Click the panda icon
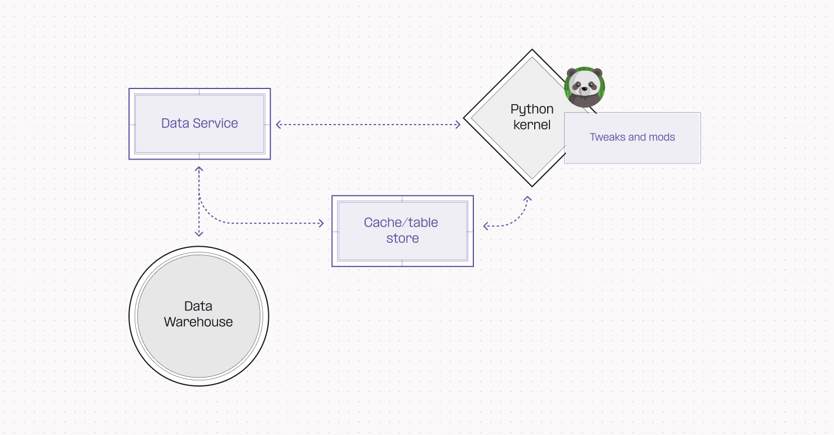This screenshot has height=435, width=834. tap(584, 87)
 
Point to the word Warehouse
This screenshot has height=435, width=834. tap(198, 322)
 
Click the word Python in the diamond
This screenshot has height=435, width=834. tap(532, 109)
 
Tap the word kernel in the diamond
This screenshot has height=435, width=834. tap(532, 125)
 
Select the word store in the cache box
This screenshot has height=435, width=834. tap(402, 238)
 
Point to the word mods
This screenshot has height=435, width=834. tap(663, 137)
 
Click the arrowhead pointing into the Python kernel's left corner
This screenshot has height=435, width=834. tap(458, 125)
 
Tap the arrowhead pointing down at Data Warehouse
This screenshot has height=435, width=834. tap(199, 233)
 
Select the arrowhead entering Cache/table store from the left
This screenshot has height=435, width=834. tap(321, 224)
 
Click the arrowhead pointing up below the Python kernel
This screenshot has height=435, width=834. tap(528, 199)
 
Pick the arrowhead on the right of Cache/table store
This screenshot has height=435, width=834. tap(486, 227)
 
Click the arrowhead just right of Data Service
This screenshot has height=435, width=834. tap(279, 125)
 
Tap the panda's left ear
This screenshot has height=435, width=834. tap(571, 73)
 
